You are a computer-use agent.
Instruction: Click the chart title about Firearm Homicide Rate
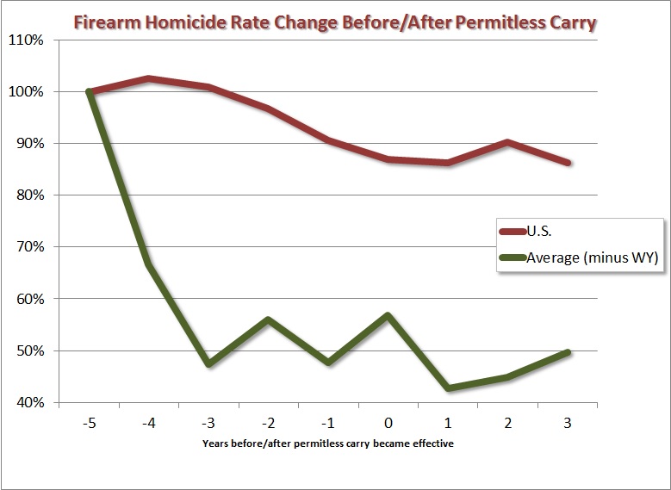(335, 22)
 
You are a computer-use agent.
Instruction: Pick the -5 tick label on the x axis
(89, 423)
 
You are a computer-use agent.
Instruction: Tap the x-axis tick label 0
(388, 423)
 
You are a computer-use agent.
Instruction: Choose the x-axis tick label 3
(568, 423)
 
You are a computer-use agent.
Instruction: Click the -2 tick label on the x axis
(268, 423)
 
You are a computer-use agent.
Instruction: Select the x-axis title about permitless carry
(328, 443)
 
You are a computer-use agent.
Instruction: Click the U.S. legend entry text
(539, 231)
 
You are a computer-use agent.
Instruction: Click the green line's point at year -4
(149, 265)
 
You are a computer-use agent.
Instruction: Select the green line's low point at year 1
(449, 388)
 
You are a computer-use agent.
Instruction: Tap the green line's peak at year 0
(388, 316)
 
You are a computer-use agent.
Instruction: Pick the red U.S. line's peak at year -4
(149, 78)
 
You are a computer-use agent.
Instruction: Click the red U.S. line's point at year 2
(508, 142)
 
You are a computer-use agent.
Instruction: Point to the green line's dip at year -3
(208, 363)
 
